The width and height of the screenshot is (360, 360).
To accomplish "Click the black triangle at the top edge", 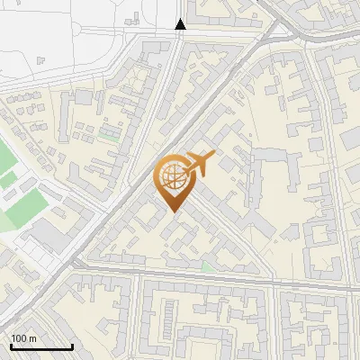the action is [x=180, y=24].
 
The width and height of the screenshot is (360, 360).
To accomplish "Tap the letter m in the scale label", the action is [x=33, y=338].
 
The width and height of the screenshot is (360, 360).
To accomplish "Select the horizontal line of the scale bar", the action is [x=41, y=346].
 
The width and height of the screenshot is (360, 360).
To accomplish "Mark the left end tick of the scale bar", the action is [x=11, y=345].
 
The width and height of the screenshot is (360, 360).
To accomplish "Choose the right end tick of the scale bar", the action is [x=72, y=345].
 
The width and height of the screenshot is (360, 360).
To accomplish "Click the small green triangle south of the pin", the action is [x=208, y=266].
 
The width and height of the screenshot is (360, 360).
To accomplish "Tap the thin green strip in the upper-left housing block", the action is [x=110, y=134].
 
